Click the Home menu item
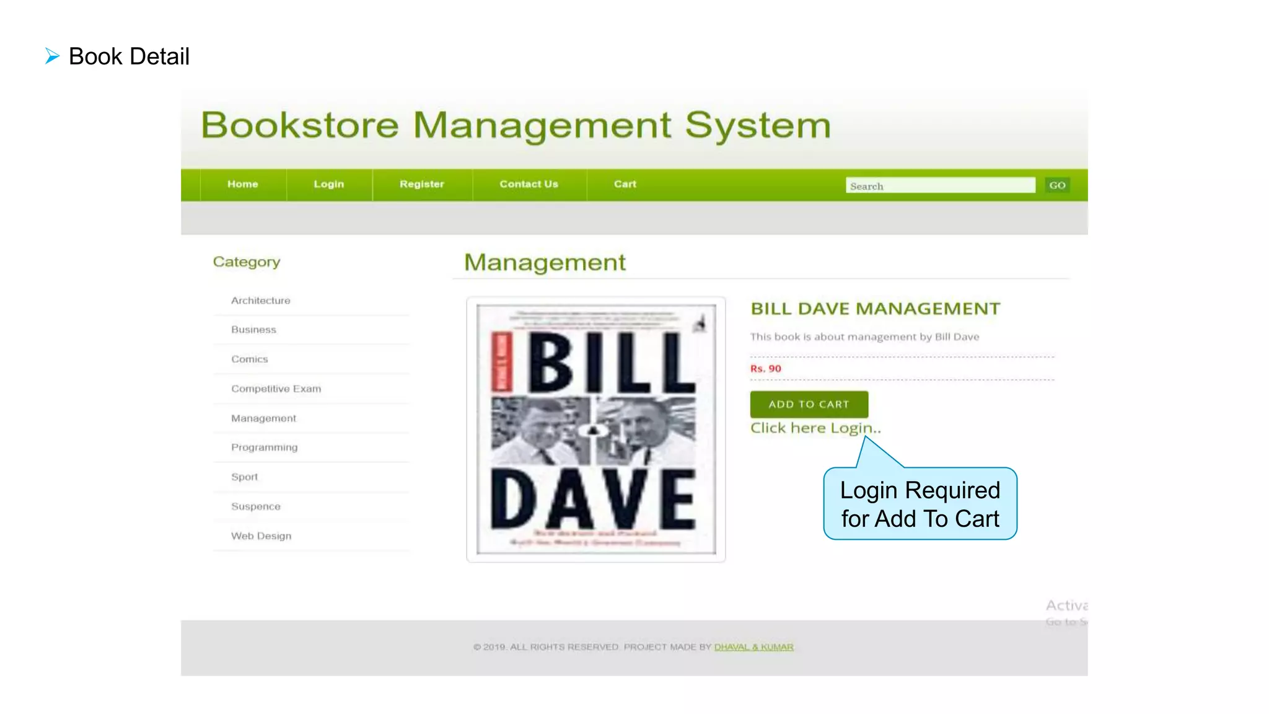(x=242, y=184)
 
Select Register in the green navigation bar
(x=421, y=184)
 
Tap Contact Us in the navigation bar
(x=529, y=184)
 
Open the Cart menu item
(x=625, y=184)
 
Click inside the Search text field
(x=939, y=185)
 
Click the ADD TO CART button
(x=809, y=404)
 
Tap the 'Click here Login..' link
(x=815, y=428)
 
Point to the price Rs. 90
(x=765, y=369)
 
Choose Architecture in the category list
(x=260, y=301)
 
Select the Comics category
(x=249, y=359)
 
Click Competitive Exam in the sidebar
(x=276, y=389)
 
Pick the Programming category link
(x=264, y=447)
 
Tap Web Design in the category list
(x=261, y=536)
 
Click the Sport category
(x=244, y=477)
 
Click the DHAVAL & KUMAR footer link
(x=753, y=647)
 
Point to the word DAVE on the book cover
(x=593, y=500)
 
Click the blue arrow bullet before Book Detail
(x=52, y=56)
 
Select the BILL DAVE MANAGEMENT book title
(x=875, y=309)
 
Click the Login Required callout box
(x=920, y=504)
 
